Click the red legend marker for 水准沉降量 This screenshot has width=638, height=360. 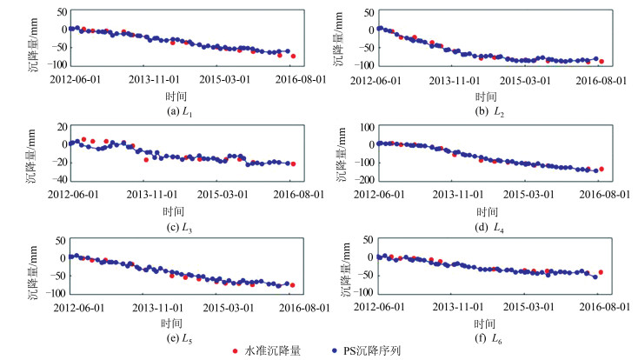coord(236,350)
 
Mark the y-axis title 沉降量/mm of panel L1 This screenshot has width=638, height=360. coord(32,38)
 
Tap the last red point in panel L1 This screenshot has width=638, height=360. coord(293,56)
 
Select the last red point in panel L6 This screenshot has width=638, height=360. coord(601,272)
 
